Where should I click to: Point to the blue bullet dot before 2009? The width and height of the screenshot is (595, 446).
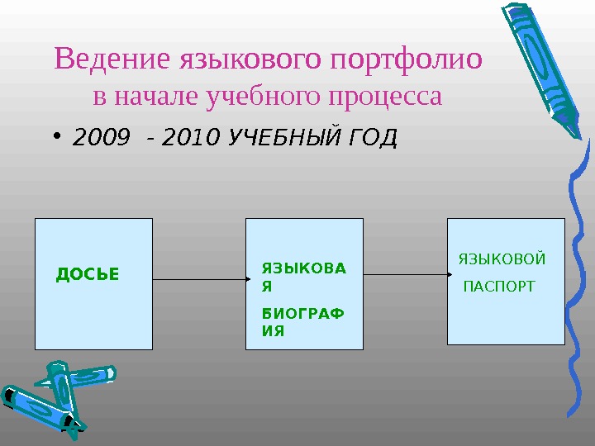[60, 137]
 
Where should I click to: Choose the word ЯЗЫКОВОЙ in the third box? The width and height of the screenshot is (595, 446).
[502, 259]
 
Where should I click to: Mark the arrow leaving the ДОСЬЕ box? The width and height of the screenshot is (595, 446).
[199, 280]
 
